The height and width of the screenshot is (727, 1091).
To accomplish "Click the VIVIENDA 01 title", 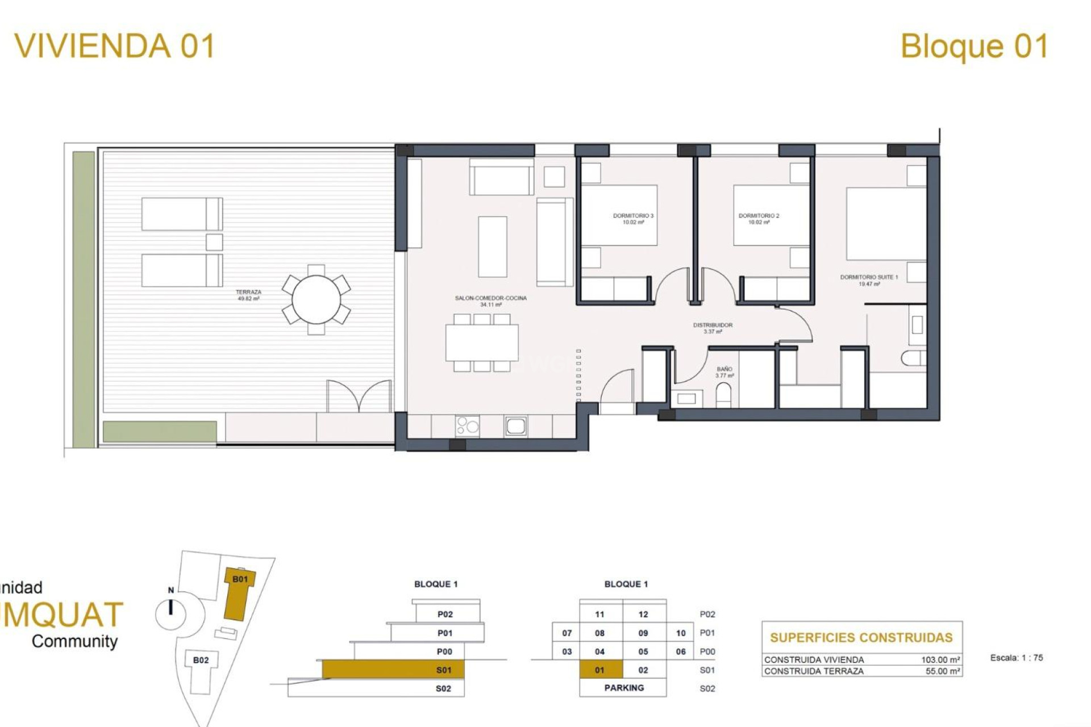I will tap(114, 46).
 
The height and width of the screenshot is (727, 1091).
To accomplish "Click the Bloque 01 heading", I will tap(974, 46).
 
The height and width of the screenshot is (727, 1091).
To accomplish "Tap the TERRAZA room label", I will tap(248, 295).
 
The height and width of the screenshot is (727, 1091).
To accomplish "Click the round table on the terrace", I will tap(316, 299).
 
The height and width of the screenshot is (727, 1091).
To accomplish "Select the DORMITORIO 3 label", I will tap(633, 219).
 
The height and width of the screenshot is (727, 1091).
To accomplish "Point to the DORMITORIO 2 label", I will tap(759, 219).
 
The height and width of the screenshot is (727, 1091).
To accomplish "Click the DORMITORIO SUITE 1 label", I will tap(869, 280).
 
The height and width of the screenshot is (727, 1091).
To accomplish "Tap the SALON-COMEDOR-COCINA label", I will tap(490, 301).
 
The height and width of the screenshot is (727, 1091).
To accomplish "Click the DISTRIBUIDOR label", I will tap(713, 328).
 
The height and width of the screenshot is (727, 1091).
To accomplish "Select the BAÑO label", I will tap(724, 372).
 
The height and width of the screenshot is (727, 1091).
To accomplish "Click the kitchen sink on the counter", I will tap(515, 426).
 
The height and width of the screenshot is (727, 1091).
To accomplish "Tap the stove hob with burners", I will tap(467, 426).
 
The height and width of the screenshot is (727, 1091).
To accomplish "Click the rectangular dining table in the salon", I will tap(482, 342).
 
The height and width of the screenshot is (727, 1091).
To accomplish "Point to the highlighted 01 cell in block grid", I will tap(600, 670).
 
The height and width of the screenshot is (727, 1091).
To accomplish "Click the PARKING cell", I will tap(623, 688).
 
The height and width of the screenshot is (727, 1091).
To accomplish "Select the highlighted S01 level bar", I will tap(393, 670).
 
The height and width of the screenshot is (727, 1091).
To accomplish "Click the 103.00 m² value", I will tap(940, 659).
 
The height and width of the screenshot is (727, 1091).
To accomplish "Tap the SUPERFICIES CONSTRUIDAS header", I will tap(861, 637).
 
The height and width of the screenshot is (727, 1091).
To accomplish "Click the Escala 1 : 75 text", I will tap(1017, 658).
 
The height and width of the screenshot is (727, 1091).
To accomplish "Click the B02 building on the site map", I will tap(201, 660).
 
